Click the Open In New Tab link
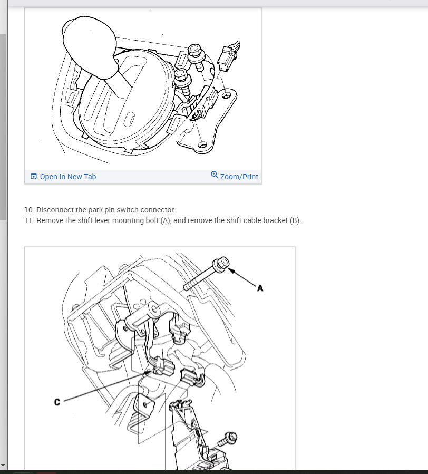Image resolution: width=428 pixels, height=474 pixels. pos(67,177)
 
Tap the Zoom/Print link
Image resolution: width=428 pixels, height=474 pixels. pos(239,177)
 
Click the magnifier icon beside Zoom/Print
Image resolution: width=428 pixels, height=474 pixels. pos(215,175)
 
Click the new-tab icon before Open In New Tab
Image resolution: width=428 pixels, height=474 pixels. pos(34,176)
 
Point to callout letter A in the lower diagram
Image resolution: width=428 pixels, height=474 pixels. pos(260,288)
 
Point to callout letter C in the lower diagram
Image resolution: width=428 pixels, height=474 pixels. pos(57,402)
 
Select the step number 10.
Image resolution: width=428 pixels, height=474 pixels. pos(28,210)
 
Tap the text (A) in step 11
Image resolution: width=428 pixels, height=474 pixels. pos(166,220)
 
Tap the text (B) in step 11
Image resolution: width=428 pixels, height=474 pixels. pos(295,220)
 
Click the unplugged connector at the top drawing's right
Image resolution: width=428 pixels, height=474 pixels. pos(229,57)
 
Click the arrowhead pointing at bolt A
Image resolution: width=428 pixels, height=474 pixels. pos(231,270)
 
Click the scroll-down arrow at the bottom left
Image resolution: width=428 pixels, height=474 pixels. pos(3,465)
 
